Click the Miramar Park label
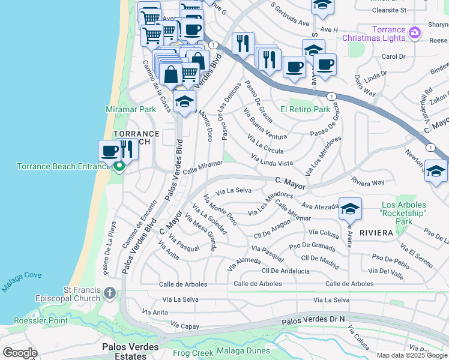[130, 109]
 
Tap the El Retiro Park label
[305, 110]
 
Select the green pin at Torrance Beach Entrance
[119, 166]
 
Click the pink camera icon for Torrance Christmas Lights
[414, 32]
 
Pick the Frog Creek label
[193, 352]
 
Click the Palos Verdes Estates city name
[130, 351]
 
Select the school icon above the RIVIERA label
[350, 209]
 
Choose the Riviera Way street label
[369, 182]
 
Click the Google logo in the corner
[20, 353]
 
